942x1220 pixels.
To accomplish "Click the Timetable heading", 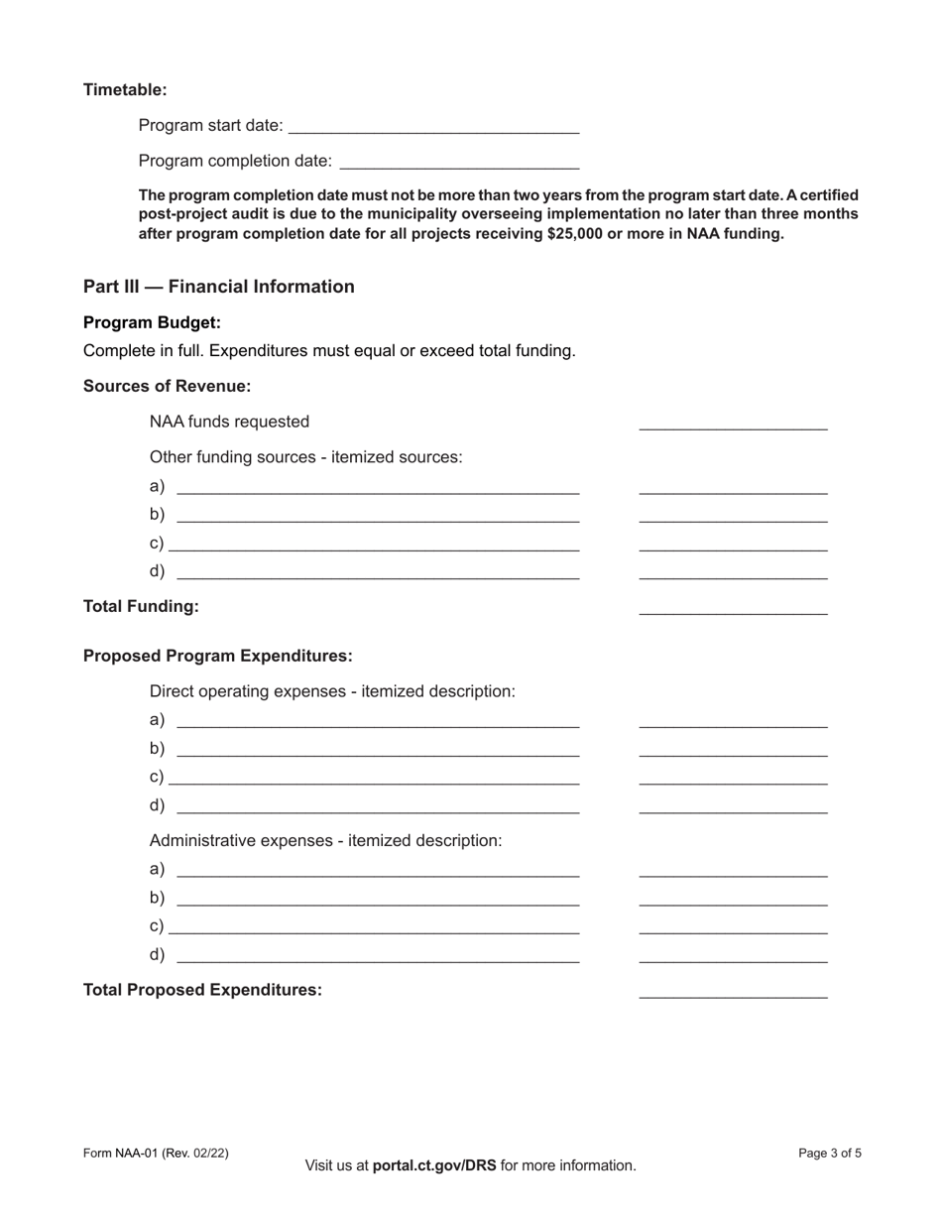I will pyautogui.click(x=125, y=89).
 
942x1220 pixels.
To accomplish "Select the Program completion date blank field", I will pyautogui.click(x=459, y=161).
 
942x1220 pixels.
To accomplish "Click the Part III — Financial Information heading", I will pyautogui.click(x=218, y=287).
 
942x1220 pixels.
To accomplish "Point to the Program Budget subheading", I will pyautogui.click(x=152, y=322).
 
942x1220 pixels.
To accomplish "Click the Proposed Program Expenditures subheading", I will pyautogui.click(x=217, y=656).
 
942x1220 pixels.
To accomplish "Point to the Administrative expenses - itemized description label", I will pyautogui.click(x=325, y=840).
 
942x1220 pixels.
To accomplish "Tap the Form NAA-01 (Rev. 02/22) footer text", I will pyautogui.click(x=156, y=1153).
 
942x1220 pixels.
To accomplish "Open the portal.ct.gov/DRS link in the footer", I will pyautogui.click(x=434, y=1165).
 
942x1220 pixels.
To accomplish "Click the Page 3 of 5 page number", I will pyautogui.click(x=829, y=1153).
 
